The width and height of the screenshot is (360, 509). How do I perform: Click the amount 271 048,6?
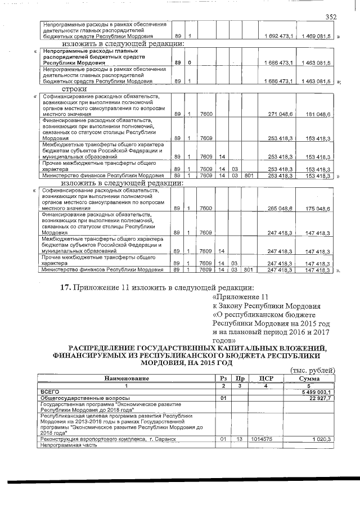[x=280, y=114]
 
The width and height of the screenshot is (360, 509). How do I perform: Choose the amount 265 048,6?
[x=280, y=208]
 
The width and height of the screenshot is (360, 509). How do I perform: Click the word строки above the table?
[x=74, y=89]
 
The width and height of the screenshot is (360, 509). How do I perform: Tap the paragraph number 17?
[x=65, y=288]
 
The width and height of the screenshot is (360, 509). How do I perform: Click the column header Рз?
[x=223, y=379]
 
